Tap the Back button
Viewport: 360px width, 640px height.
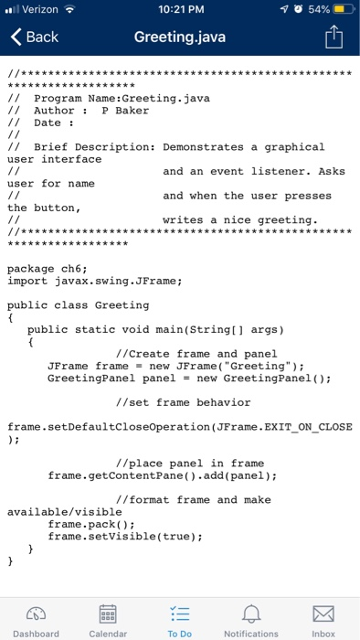pos(35,37)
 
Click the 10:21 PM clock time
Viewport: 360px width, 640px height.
pos(180,10)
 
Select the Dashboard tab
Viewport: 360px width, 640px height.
pos(36,617)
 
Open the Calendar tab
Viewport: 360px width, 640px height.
pos(108,617)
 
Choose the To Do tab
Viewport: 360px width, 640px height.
pos(180,617)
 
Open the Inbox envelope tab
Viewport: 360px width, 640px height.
pos(323,617)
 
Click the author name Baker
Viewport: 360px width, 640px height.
pos(132,111)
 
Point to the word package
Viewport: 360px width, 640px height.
pos(31,268)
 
